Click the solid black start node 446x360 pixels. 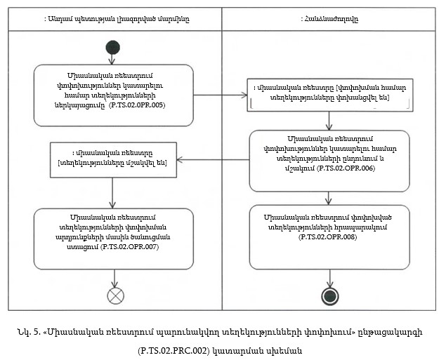112,47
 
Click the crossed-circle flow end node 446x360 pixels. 115,295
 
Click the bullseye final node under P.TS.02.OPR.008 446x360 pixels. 329,294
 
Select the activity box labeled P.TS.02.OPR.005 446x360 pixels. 112,95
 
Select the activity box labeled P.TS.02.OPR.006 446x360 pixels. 329,161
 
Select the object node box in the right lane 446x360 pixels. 329,94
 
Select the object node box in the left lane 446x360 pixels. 112,159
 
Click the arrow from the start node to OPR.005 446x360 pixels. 112,59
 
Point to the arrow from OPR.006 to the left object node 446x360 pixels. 212,159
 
